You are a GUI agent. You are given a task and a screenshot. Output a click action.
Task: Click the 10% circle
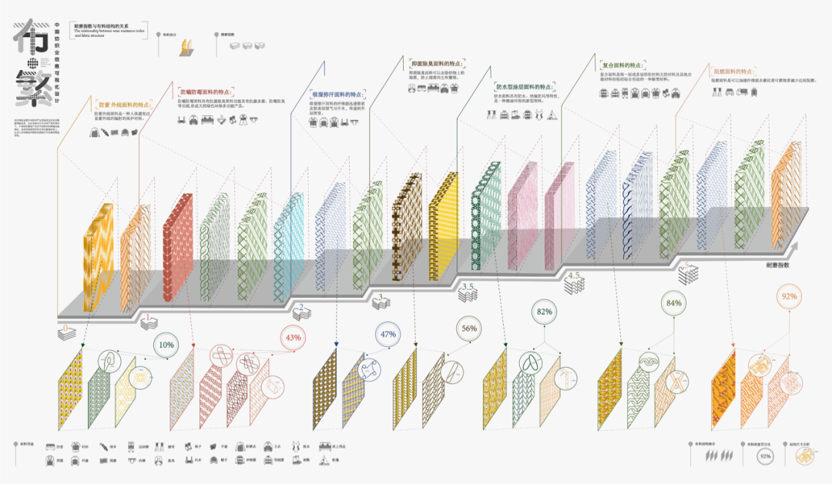click(166, 345)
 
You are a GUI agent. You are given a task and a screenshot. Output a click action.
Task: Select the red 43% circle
click(293, 337)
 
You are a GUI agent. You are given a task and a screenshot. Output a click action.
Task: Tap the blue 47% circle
click(387, 335)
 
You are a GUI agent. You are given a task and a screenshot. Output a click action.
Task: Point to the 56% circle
click(469, 328)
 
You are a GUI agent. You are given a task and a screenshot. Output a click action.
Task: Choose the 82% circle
click(545, 312)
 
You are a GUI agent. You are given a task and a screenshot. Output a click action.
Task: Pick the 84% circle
click(673, 303)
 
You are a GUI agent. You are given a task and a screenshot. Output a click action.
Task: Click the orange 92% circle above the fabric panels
click(788, 295)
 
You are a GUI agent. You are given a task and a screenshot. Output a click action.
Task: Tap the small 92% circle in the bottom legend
click(765, 457)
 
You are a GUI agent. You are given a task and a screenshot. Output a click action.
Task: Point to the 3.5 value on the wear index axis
click(468, 286)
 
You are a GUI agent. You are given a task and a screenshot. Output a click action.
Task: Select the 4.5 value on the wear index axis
click(573, 275)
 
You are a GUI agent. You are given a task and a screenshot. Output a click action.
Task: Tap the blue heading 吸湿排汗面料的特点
click(337, 93)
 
